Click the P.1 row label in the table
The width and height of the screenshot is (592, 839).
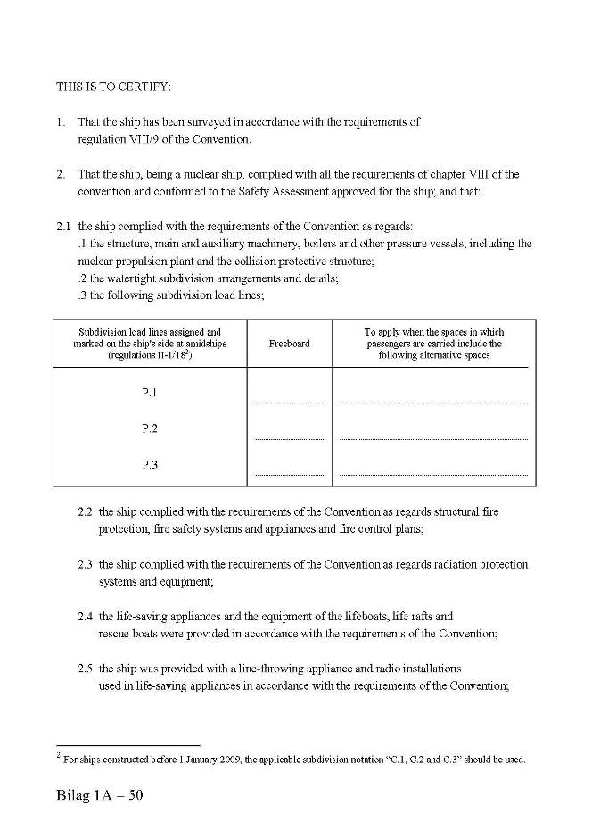pos(150,393)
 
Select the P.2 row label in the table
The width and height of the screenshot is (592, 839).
pos(150,429)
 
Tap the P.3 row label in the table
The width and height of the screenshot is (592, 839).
pos(150,465)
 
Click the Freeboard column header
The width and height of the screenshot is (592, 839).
pos(289,344)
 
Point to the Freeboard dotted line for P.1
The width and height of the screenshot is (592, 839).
pos(289,403)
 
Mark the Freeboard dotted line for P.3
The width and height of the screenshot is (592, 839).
pos(289,474)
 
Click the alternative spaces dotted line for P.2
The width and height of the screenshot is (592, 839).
pos(433,439)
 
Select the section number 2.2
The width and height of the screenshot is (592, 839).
pos(86,512)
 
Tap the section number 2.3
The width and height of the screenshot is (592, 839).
pos(86,564)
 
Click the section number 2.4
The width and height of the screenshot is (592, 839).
pos(86,616)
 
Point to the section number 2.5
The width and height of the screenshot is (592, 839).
pos(86,668)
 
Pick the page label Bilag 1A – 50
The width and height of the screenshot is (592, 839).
pos(99,796)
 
